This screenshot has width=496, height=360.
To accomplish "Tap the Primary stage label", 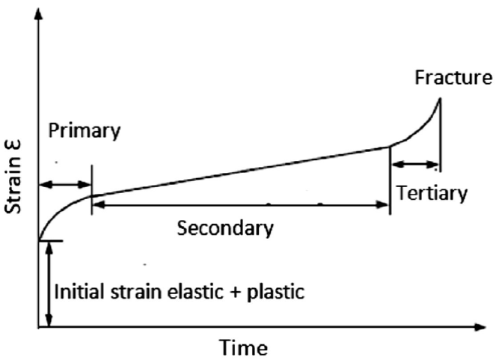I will [x=83, y=132].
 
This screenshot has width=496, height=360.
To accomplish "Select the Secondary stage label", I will [x=224, y=228].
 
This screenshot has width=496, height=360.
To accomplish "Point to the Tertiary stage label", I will [x=432, y=193].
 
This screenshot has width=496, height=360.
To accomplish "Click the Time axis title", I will [x=242, y=348].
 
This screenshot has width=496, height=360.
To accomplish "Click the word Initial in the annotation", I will [x=79, y=291].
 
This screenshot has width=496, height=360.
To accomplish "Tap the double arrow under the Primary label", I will [x=65, y=183].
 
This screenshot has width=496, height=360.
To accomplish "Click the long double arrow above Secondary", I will [x=240, y=204].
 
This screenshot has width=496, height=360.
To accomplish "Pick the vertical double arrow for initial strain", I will [x=49, y=284].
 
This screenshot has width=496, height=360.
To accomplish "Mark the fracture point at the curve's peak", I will [x=440, y=100].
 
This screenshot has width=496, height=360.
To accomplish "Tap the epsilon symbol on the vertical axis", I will [x=16, y=148].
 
